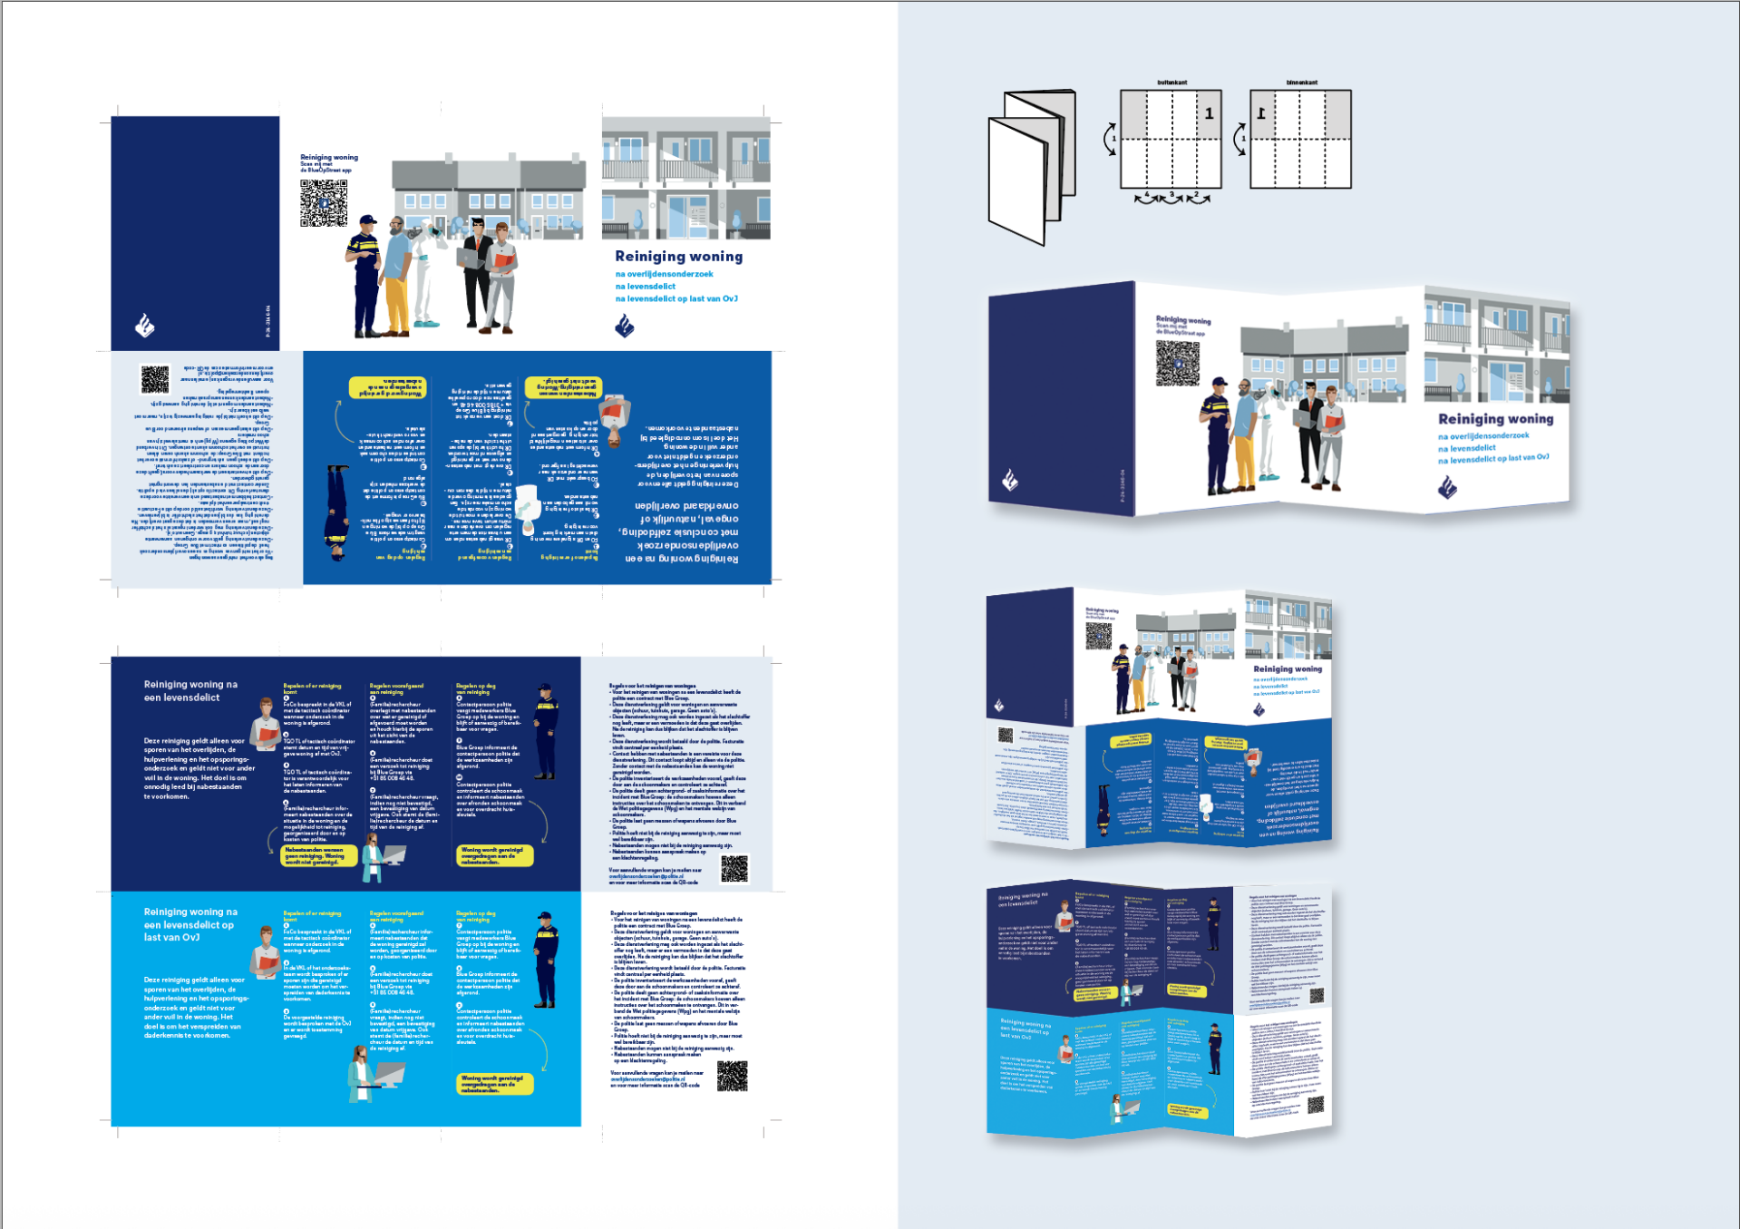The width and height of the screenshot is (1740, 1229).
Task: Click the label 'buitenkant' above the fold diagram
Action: click(x=1171, y=83)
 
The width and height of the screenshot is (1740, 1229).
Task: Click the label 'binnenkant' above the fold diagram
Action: click(x=1301, y=83)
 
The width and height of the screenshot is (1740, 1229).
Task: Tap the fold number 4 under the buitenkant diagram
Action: click(x=1146, y=195)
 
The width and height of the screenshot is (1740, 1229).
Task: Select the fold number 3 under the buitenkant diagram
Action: click(x=1171, y=195)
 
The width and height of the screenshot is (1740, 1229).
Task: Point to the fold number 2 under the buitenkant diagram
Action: click(x=1197, y=195)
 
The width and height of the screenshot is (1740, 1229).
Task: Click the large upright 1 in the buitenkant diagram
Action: click(x=1209, y=113)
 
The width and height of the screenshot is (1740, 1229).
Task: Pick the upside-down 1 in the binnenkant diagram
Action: click(x=1261, y=113)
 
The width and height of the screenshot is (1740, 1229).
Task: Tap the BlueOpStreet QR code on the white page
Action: click(x=324, y=203)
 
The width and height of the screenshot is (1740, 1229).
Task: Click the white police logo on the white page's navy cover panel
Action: click(x=145, y=325)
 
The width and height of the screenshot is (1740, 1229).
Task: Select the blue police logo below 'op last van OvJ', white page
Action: click(x=625, y=326)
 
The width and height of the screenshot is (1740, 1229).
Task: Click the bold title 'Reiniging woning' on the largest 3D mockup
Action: click(x=1495, y=419)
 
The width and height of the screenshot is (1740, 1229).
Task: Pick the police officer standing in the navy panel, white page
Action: click(x=545, y=732)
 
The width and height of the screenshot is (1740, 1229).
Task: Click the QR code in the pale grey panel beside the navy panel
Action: click(x=734, y=868)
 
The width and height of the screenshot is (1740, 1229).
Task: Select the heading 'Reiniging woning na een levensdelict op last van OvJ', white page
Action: click(x=190, y=924)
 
